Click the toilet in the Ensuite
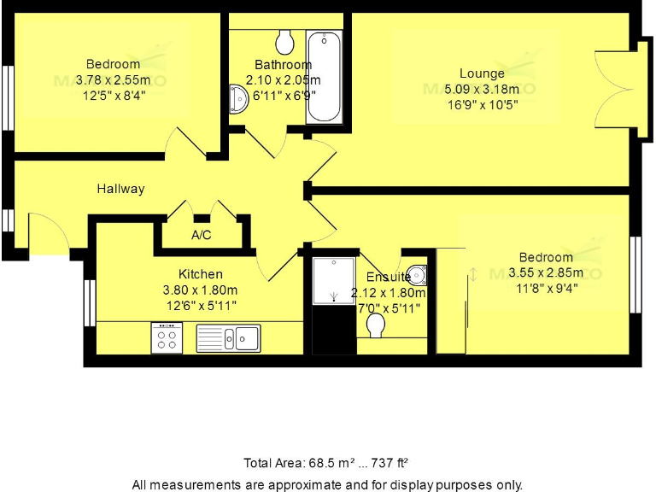pos(375,325)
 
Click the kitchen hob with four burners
pos(166,337)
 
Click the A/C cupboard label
pos(202,235)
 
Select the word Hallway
pos(120,189)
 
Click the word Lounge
pos(482,73)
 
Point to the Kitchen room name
pos(201,274)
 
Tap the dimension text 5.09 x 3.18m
pos(482,89)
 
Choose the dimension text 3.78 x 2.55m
pos(113,79)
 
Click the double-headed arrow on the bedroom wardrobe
pos(471,274)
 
